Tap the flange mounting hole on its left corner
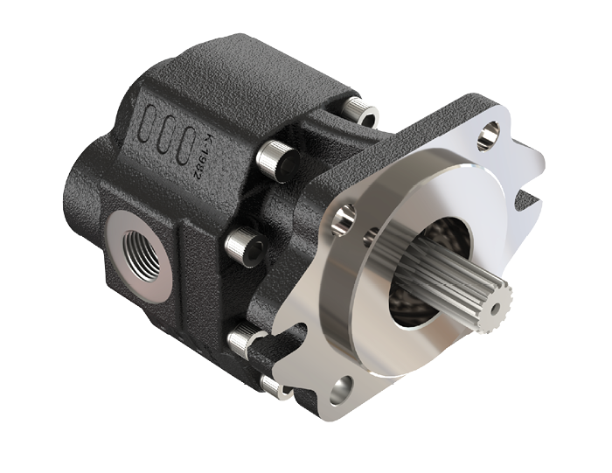(x=345, y=213)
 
